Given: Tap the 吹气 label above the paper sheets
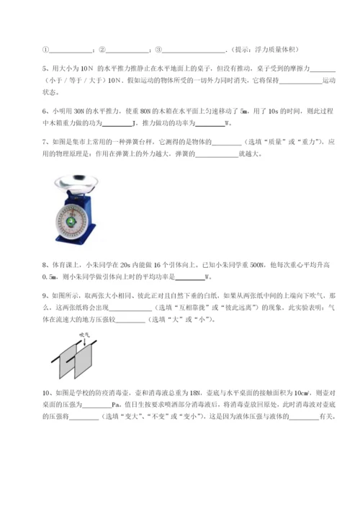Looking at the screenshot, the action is [x=84, y=336].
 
